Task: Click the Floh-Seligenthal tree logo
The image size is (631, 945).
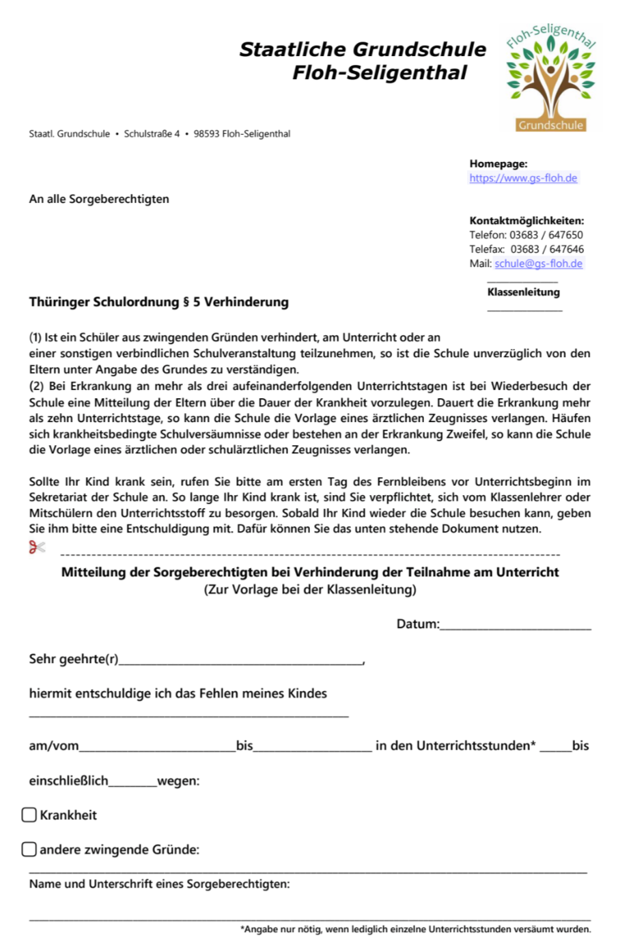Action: point(550,76)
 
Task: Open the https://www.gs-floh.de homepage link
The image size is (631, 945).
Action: point(523,178)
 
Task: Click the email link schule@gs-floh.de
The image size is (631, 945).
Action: point(538,264)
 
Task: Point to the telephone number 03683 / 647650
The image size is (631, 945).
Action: point(546,235)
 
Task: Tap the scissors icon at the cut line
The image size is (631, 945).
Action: point(37,547)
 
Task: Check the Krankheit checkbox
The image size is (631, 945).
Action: point(29,815)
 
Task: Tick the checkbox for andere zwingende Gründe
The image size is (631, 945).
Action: point(29,849)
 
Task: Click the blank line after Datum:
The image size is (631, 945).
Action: point(516,625)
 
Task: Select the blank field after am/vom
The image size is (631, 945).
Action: point(157,747)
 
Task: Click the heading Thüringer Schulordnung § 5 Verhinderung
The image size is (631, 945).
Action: point(158,302)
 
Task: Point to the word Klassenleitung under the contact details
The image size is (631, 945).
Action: point(523,292)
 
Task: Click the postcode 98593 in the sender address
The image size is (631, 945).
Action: point(206,134)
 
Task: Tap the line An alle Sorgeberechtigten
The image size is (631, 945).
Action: point(99,199)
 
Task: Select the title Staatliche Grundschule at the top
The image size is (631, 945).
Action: point(363,50)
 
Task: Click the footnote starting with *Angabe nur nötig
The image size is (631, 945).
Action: point(415,929)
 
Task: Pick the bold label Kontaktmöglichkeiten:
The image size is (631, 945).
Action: point(527,221)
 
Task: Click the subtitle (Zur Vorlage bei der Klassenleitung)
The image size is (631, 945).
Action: point(310,589)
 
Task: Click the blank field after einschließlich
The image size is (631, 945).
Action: point(132,782)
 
